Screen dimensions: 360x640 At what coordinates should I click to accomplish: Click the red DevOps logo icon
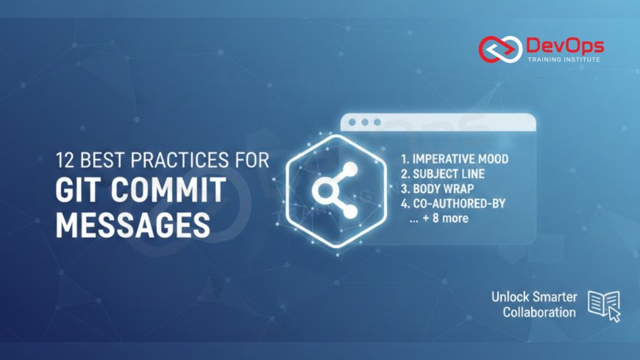(x=499, y=49)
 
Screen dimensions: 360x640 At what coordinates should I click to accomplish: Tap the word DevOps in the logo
(x=563, y=46)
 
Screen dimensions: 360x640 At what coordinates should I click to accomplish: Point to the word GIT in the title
(x=79, y=190)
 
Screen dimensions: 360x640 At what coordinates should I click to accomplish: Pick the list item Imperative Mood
(x=455, y=159)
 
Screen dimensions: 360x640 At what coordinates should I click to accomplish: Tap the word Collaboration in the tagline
(x=539, y=313)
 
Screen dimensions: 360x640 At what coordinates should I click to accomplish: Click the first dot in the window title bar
(x=352, y=122)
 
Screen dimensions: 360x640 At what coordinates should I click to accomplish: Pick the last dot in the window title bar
(x=377, y=122)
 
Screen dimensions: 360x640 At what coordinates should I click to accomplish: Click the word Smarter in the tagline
(x=552, y=297)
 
